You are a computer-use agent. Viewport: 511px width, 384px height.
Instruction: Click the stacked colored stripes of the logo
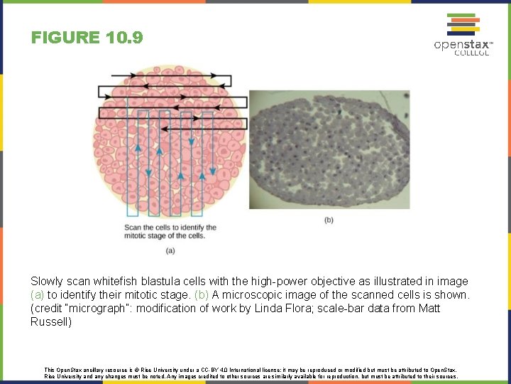click(461, 25)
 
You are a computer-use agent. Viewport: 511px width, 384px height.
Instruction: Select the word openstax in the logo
click(461, 45)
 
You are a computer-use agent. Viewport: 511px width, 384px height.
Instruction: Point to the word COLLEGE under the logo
click(471, 54)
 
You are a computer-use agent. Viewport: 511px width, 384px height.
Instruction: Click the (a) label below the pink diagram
click(170, 250)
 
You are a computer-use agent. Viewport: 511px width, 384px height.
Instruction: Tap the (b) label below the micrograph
click(329, 220)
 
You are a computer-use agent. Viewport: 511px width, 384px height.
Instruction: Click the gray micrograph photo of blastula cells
click(329, 149)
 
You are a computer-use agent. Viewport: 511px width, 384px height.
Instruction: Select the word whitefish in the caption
click(118, 282)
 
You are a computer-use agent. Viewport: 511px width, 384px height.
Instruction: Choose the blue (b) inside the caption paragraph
click(202, 295)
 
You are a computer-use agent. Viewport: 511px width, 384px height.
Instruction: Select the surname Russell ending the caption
click(50, 322)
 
